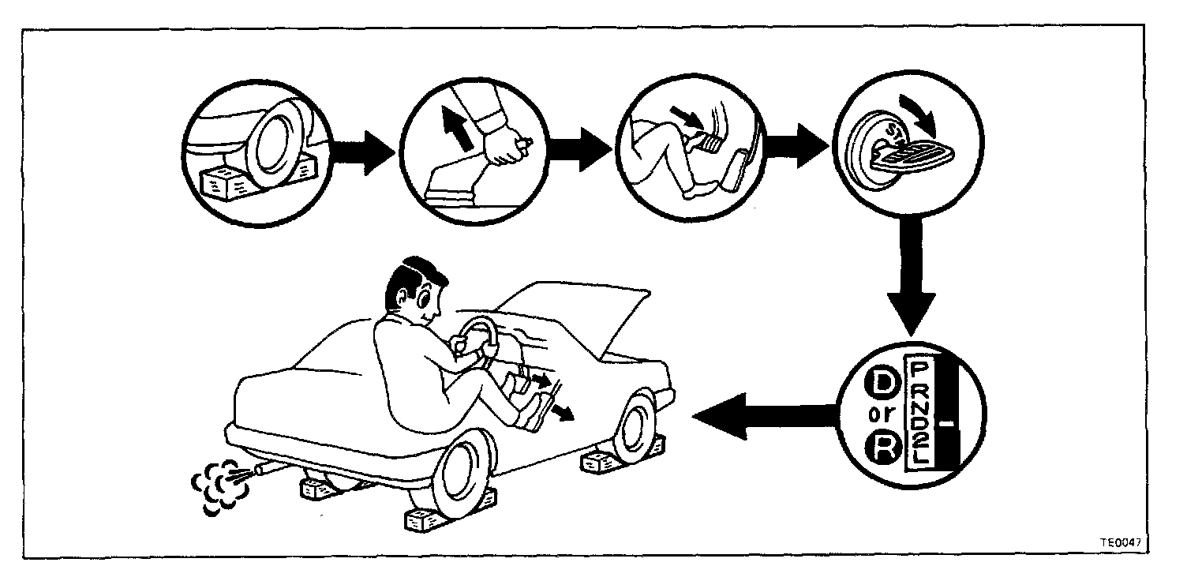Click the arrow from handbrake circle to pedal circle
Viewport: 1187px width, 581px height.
[580, 148]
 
